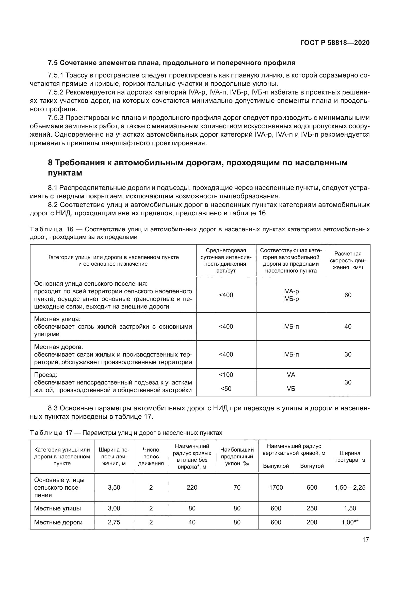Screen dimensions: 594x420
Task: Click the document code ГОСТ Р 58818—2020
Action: tap(335, 43)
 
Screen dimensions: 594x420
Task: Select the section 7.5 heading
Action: tap(171, 63)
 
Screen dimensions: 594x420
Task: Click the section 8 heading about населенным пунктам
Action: tap(198, 168)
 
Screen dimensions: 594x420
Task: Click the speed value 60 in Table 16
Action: tap(348, 295)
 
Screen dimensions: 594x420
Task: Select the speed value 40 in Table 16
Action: tap(348, 327)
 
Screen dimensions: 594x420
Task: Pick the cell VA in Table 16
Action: tap(291, 375)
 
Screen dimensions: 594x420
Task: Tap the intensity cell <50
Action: tap(226, 389)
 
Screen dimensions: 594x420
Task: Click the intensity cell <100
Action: tap(226, 375)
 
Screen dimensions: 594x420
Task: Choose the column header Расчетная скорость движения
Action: tap(348, 260)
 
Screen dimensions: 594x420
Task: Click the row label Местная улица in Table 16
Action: tap(57, 319)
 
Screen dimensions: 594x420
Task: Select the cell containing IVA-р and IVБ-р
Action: tap(291, 295)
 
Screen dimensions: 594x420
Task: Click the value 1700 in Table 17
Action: tap(276, 487)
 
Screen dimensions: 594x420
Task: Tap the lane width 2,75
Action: tap(114, 522)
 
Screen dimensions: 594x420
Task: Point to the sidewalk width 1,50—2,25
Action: tap(350, 487)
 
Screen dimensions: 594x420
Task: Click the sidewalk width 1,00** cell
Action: tap(350, 522)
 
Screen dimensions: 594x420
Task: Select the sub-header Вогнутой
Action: tap(312, 466)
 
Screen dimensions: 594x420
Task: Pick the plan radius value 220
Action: tap(192, 487)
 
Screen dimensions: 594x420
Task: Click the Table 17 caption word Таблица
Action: tap(46, 433)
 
